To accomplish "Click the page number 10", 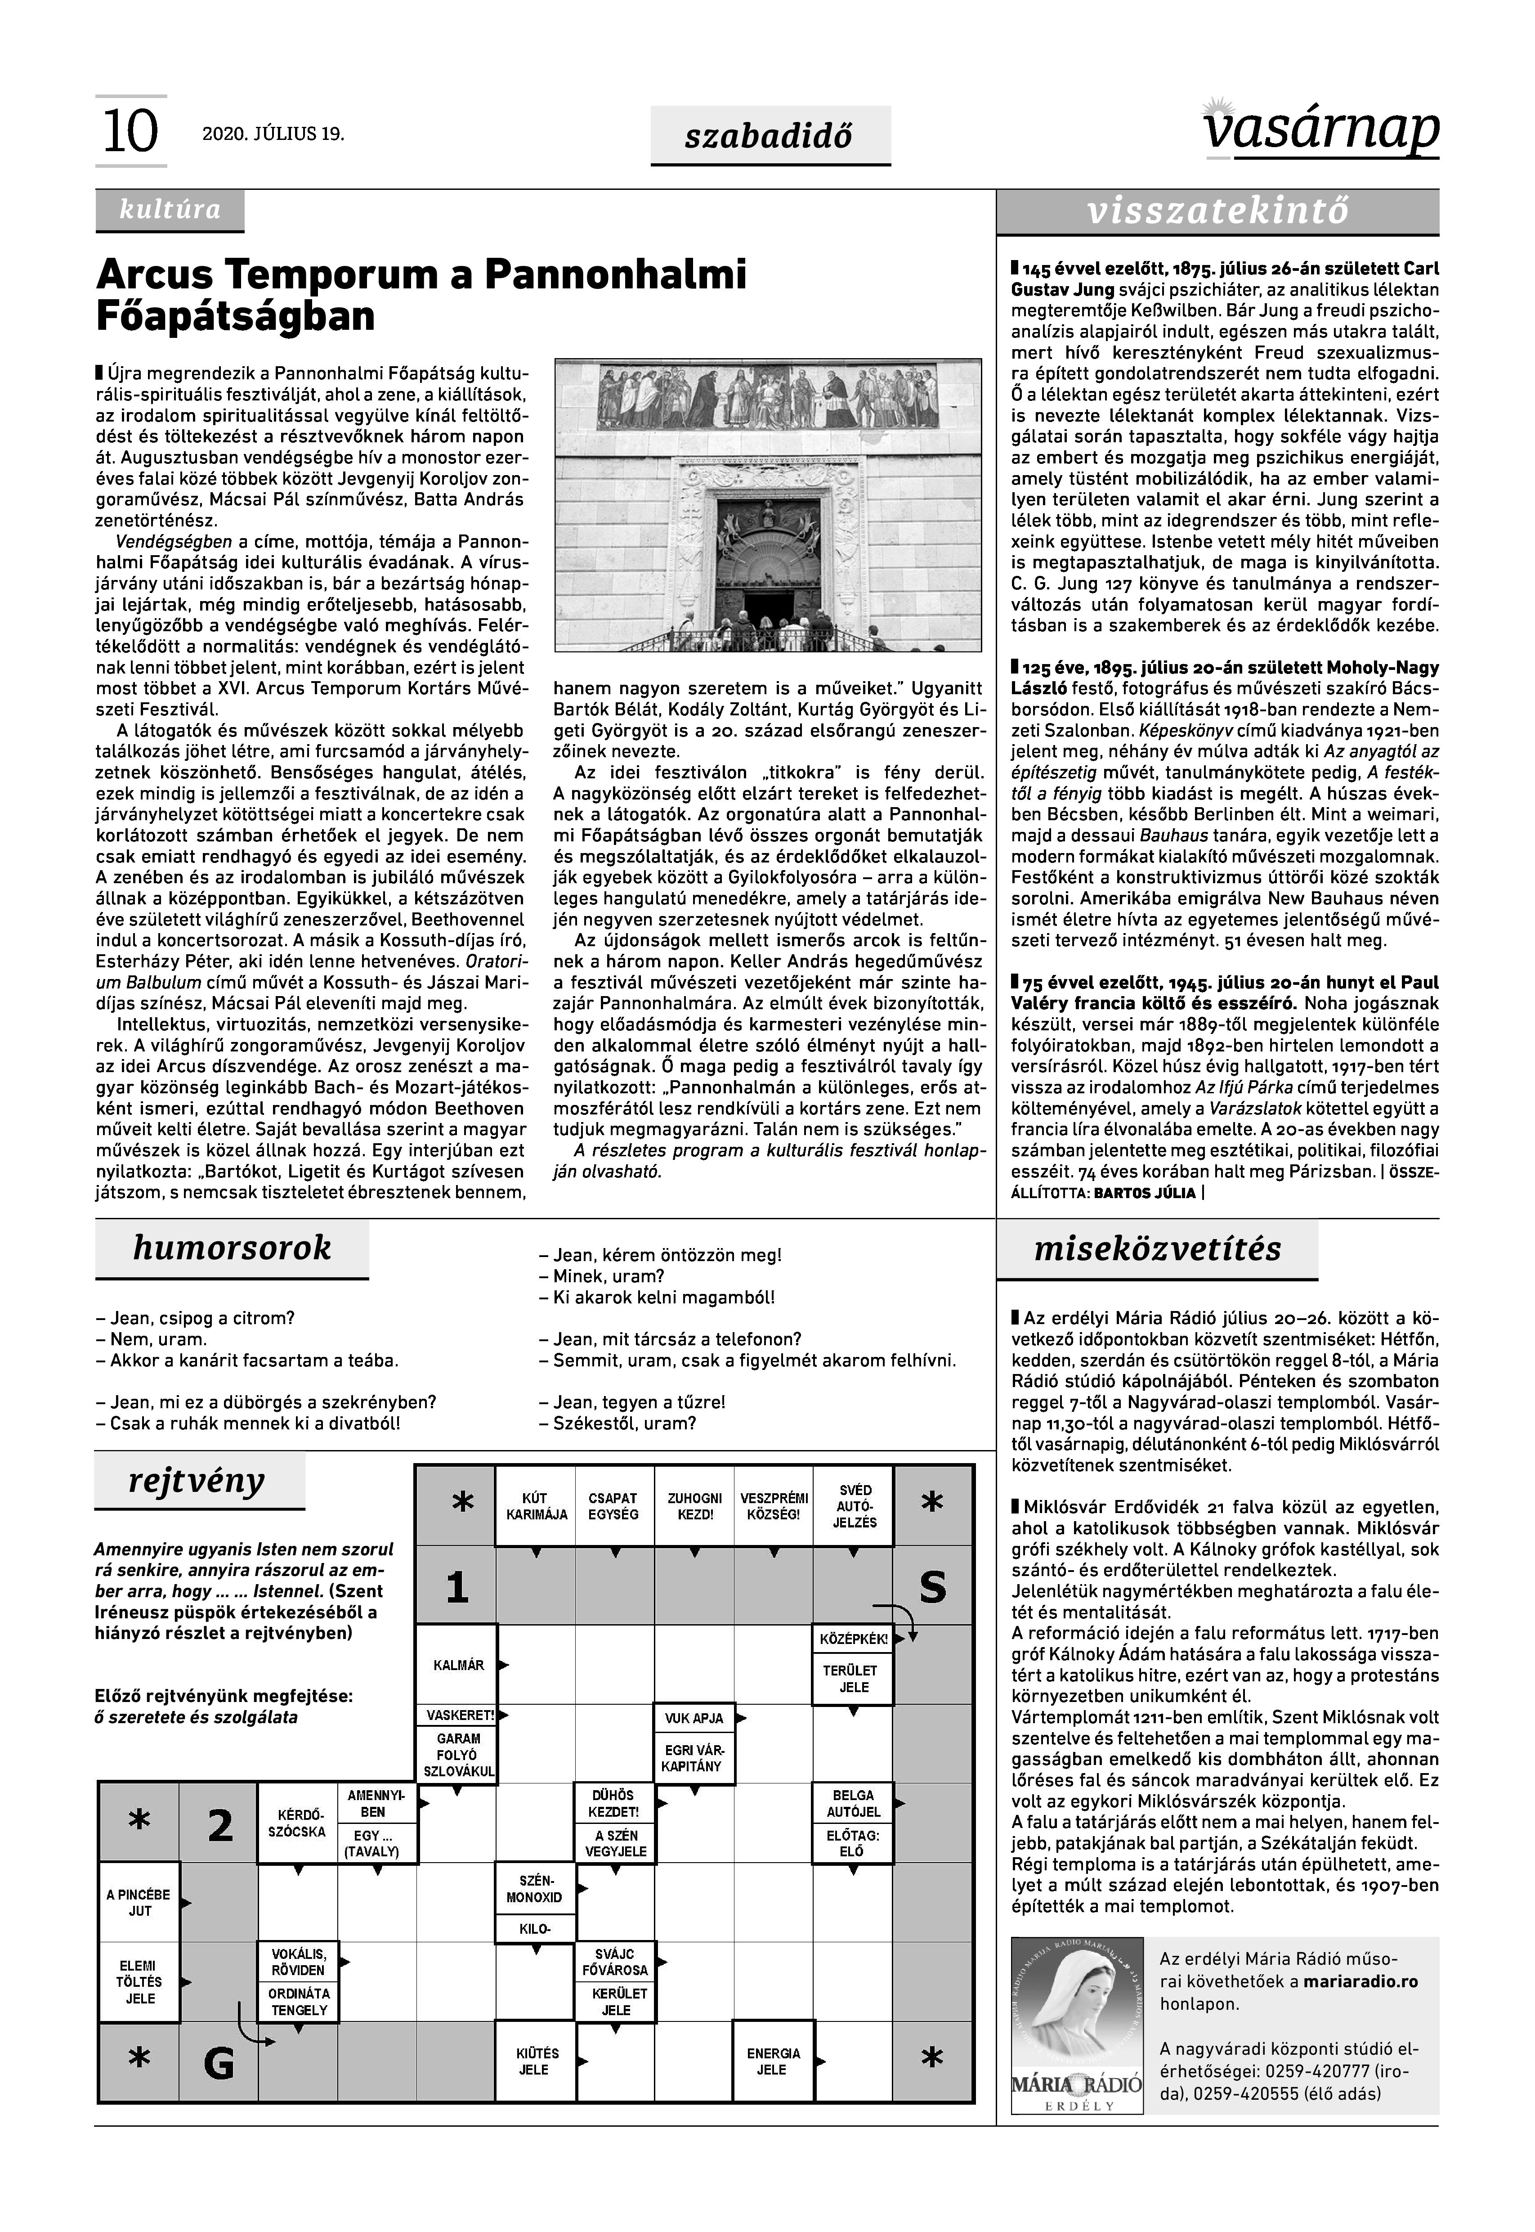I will point(130,132).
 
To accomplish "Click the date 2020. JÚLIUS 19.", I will point(273,134).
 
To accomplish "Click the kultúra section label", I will point(169,210).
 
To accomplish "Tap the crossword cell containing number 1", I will point(457,1586).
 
